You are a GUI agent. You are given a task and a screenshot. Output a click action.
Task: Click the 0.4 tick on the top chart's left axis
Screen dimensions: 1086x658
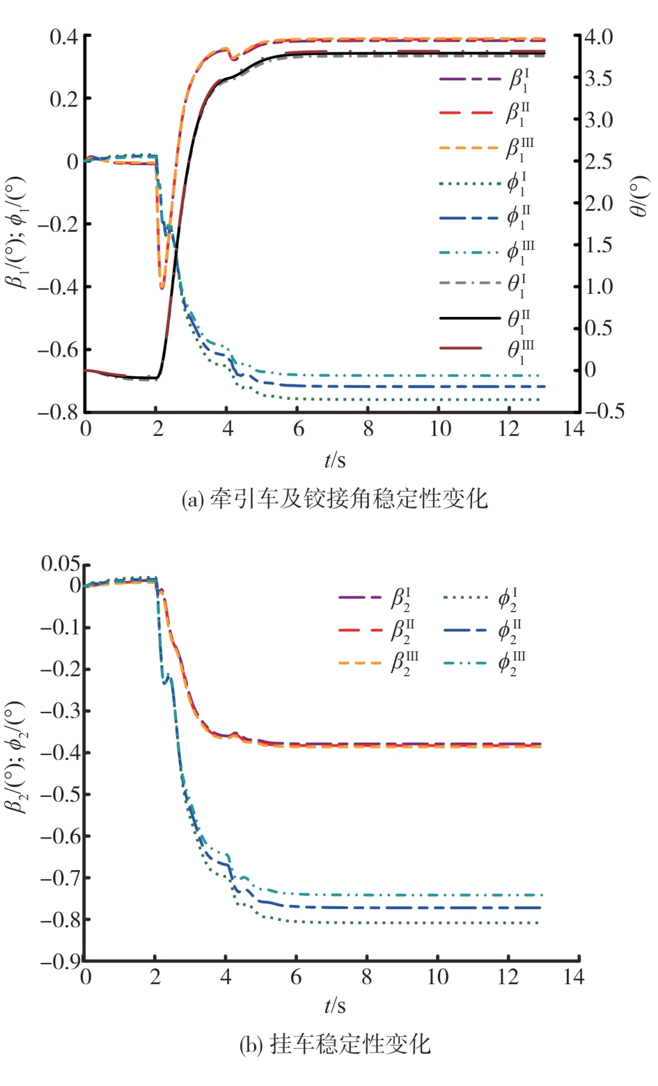coord(63,36)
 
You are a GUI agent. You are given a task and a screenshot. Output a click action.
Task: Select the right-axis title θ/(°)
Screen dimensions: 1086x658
coord(639,196)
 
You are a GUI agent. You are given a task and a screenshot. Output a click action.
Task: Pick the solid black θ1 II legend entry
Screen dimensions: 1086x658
coord(487,319)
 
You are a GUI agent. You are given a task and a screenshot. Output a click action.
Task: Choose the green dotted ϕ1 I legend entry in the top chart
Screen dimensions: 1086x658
coord(487,185)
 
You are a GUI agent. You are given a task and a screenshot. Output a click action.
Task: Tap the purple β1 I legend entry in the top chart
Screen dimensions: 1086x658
coord(487,79)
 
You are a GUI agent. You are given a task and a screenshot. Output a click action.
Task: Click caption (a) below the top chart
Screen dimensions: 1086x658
coord(335,499)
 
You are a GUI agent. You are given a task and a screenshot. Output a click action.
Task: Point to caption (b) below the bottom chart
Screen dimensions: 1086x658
coord(335,1044)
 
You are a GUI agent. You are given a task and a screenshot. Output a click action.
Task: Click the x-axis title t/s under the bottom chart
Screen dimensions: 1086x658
coord(335,1006)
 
